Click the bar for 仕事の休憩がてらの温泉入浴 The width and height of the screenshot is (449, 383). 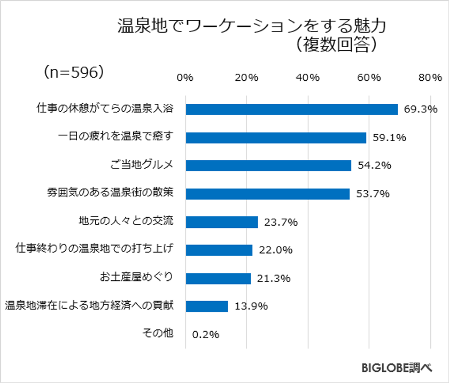(x=292, y=109)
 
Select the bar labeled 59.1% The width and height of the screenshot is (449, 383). (x=276, y=137)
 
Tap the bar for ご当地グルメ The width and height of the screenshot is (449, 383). (x=268, y=165)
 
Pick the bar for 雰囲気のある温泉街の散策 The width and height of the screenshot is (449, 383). (x=267, y=194)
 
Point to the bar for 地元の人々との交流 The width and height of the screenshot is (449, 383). (x=222, y=222)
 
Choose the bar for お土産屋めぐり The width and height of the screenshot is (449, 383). (x=218, y=278)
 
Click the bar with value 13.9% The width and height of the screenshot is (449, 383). (x=207, y=306)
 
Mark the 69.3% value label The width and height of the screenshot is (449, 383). (x=421, y=110)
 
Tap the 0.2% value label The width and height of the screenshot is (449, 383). (x=206, y=335)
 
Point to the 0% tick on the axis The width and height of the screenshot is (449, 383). (x=185, y=78)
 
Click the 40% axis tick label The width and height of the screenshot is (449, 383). (x=308, y=78)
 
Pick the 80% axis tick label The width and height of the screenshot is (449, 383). (x=430, y=78)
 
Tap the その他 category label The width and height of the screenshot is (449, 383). (x=158, y=333)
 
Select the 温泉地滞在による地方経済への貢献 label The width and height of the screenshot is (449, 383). (x=90, y=306)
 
